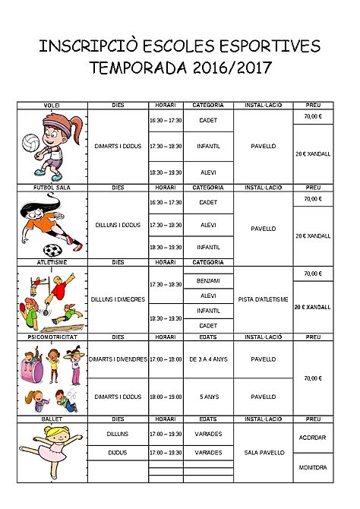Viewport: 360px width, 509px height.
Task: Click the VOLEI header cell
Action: pos(52,105)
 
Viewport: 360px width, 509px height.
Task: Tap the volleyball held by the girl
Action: pos(30,143)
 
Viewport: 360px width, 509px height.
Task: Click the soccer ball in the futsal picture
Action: pos(52,249)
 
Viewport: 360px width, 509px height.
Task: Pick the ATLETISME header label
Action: pos(52,262)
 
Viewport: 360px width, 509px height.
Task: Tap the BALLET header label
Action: pos(52,419)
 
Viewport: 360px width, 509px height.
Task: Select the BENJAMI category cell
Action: pos(208,281)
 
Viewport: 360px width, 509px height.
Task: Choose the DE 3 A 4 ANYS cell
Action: pos(208,359)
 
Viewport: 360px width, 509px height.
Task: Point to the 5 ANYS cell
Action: pos(208,396)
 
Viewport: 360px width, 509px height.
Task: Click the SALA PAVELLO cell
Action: pos(263,453)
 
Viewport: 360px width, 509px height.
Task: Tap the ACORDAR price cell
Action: pos(313,438)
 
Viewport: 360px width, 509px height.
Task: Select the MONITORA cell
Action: pos(313,468)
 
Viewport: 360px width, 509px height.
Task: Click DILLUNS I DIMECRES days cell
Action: pos(118,299)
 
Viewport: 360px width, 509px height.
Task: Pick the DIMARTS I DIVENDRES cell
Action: pos(118,359)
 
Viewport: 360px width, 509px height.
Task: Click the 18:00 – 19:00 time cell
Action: pos(166,396)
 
